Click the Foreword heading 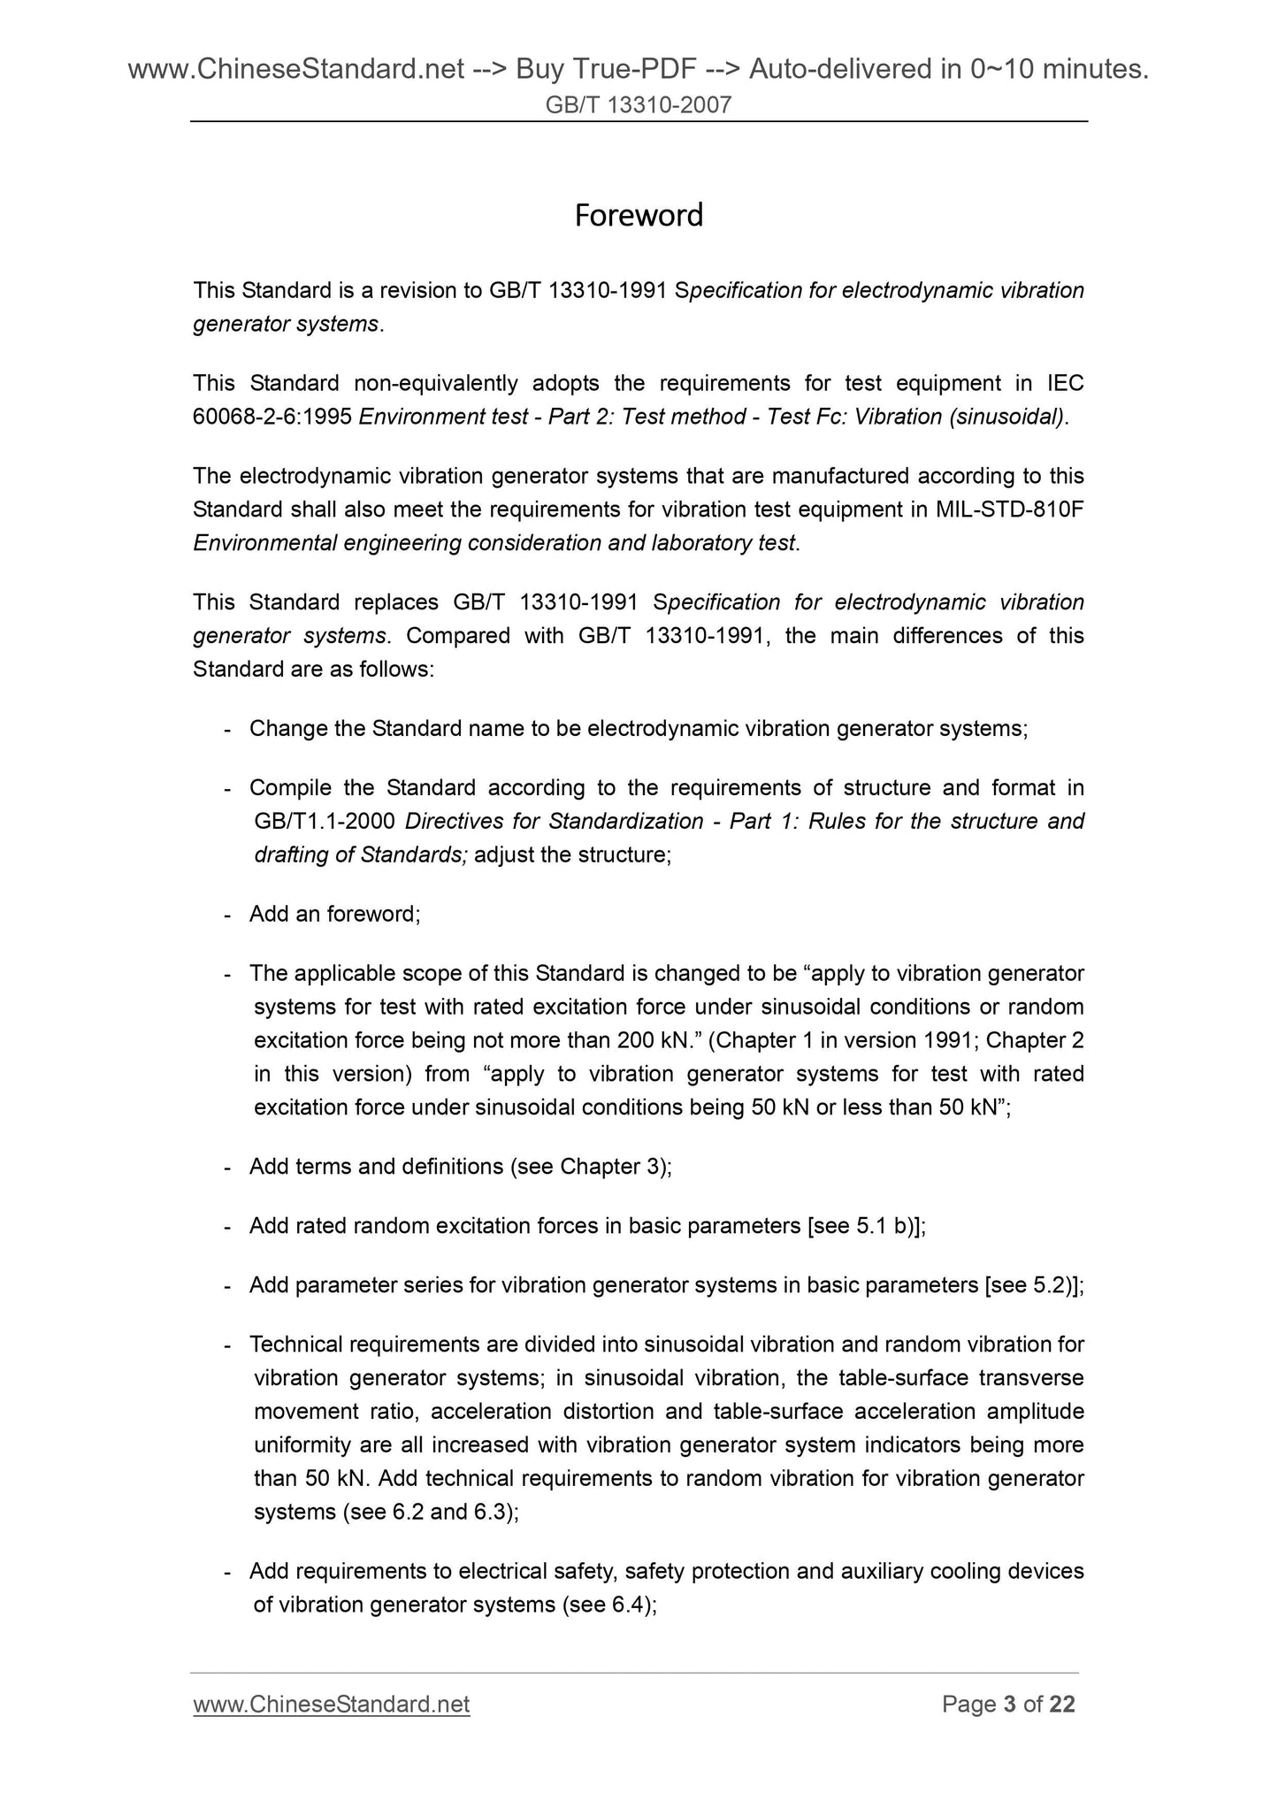pos(639,215)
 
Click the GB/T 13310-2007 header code pos(639,106)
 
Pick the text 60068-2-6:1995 pos(272,417)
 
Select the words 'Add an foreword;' pos(334,915)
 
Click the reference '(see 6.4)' pos(608,1605)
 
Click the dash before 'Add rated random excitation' pos(229,1227)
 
